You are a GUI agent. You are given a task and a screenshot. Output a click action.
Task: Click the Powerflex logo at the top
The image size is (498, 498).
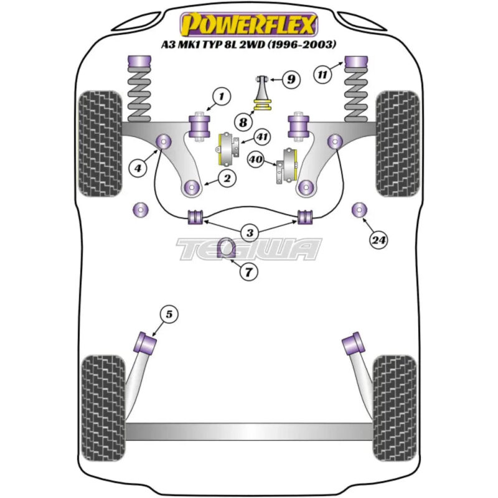pos(248,24)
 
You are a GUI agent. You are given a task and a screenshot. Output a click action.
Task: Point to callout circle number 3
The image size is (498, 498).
pos(250,234)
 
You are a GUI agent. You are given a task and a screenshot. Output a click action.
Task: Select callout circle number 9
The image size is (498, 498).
pos(290,79)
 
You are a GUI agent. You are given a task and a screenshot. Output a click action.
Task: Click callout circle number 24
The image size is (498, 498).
pos(378,238)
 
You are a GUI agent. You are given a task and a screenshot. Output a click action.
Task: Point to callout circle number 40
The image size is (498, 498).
pos(255,160)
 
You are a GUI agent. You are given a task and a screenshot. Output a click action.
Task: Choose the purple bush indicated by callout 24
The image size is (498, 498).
pos(359,210)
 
